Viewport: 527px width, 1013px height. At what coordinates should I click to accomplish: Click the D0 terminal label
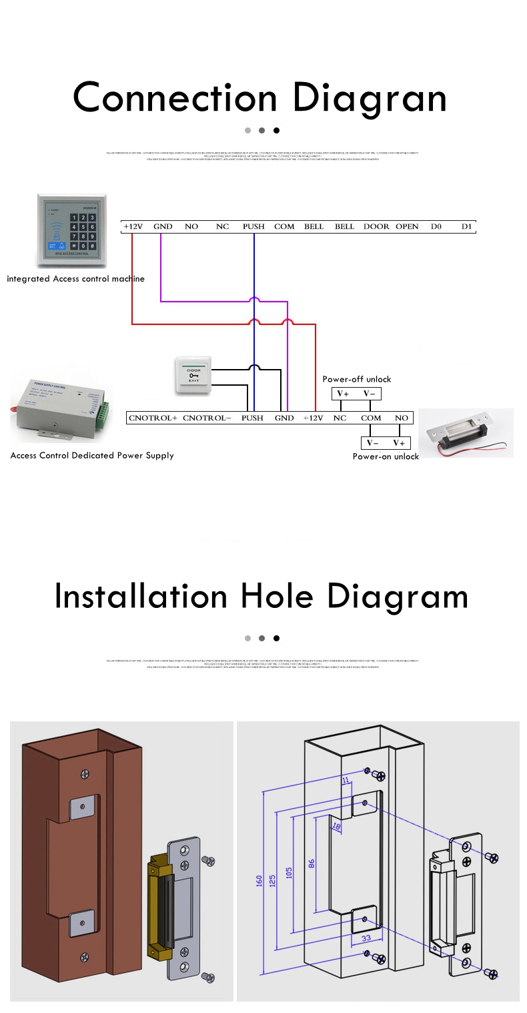[x=436, y=226]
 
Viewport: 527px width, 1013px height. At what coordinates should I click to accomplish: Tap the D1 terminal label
[x=466, y=226]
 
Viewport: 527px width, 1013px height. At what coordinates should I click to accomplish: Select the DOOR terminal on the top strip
[x=376, y=226]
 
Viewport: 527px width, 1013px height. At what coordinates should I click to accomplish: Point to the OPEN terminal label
[x=407, y=226]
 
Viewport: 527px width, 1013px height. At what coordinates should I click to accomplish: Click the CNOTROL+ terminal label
[x=153, y=418]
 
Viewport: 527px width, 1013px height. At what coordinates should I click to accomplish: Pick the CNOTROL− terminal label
[x=207, y=418]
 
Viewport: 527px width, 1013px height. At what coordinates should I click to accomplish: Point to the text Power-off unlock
[x=357, y=379]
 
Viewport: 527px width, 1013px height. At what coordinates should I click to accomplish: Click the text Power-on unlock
[x=386, y=456]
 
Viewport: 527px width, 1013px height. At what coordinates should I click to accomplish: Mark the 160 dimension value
[x=259, y=881]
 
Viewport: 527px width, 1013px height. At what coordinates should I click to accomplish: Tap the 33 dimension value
[x=366, y=938]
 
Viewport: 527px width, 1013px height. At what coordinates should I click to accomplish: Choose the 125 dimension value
[x=272, y=881]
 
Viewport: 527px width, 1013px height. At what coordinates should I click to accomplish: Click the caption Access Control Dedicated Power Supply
[x=92, y=455]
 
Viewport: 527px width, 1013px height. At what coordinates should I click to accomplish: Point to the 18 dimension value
[x=336, y=826]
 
